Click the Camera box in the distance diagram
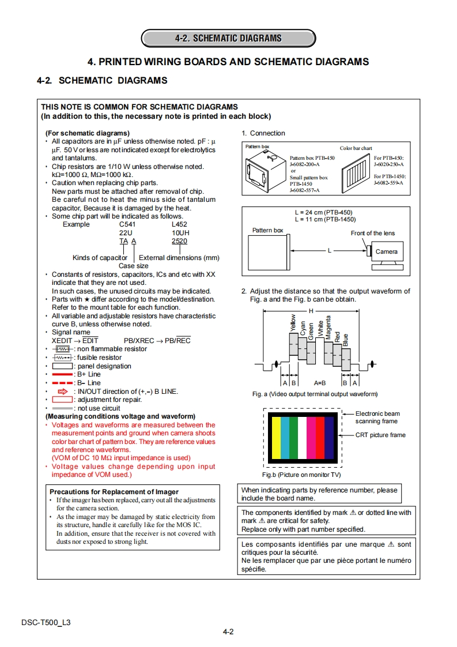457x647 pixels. coord(386,251)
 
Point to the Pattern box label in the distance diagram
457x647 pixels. coord(268,231)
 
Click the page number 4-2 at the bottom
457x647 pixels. coord(228,631)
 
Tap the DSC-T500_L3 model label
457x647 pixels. coord(46,622)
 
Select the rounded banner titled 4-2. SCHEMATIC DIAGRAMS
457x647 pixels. coord(228,38)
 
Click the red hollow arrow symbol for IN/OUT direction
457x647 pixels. coord(63,392)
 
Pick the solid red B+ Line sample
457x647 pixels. coord(62,375)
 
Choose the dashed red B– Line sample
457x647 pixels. coord(62,383)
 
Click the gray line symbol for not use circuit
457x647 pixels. coord(62,408)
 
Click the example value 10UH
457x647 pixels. coord(180,233)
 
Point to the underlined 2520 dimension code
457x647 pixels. coord(179,242)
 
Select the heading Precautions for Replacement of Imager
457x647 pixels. coord(115,492)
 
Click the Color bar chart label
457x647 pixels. coord(356,148)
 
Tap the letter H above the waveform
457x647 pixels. coord(311,311)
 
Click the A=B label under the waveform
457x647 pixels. coord(320,382)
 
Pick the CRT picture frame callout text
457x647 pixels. coord(380,435)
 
